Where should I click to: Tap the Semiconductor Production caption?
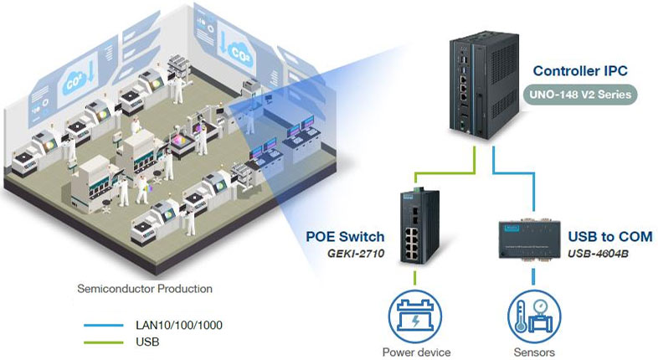coord(144,289)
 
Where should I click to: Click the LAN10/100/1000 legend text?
coord(178,324)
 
